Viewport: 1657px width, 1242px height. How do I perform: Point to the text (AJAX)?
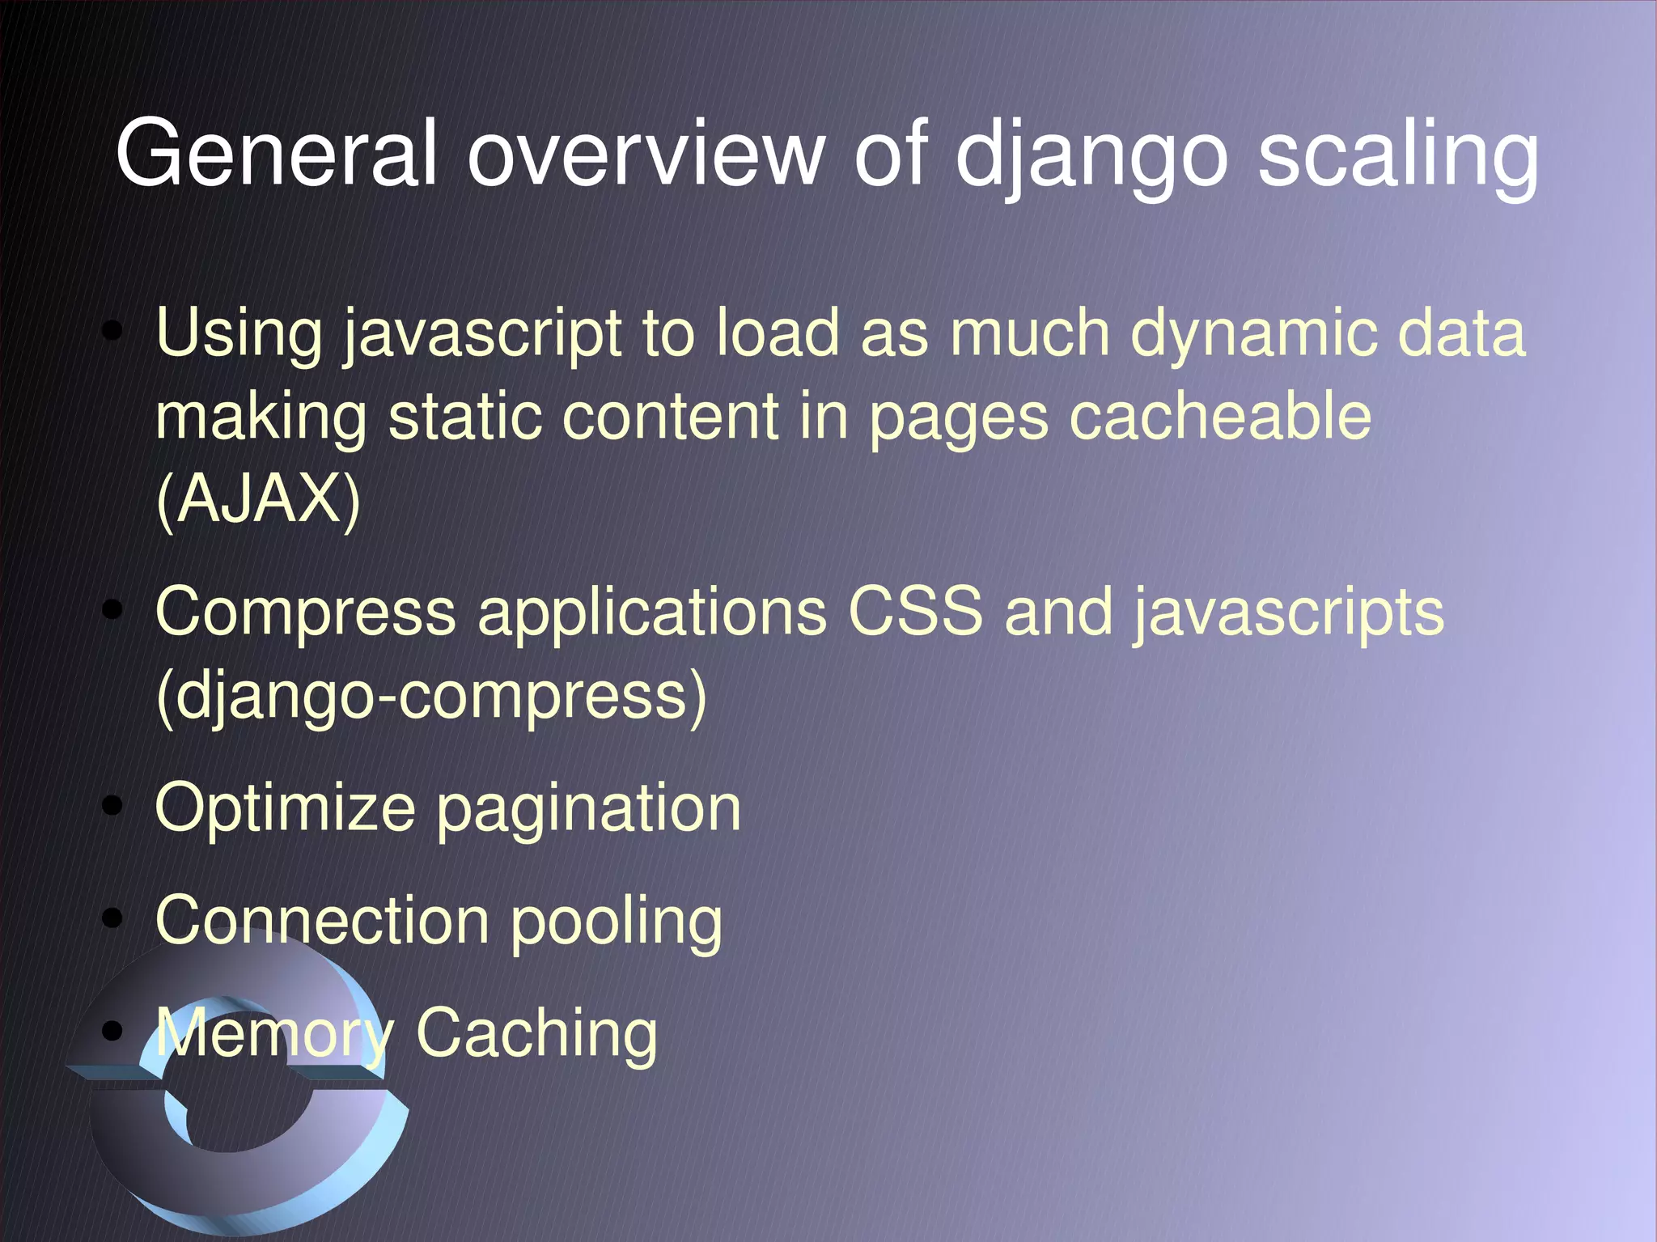click(x=258, y=499)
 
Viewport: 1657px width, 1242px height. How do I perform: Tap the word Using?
click(x=239, y=333)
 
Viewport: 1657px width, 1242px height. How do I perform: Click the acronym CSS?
click(x=915, y=612)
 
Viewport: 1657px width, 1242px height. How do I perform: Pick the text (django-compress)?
click(x=431, y=696)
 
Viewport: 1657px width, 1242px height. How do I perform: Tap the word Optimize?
click(x=285, y=808)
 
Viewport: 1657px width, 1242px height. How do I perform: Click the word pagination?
click(x=589, y=810)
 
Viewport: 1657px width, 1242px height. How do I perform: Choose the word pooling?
click(x=616, y=923)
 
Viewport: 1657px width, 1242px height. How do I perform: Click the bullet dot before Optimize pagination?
click(x=113, y=807)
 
